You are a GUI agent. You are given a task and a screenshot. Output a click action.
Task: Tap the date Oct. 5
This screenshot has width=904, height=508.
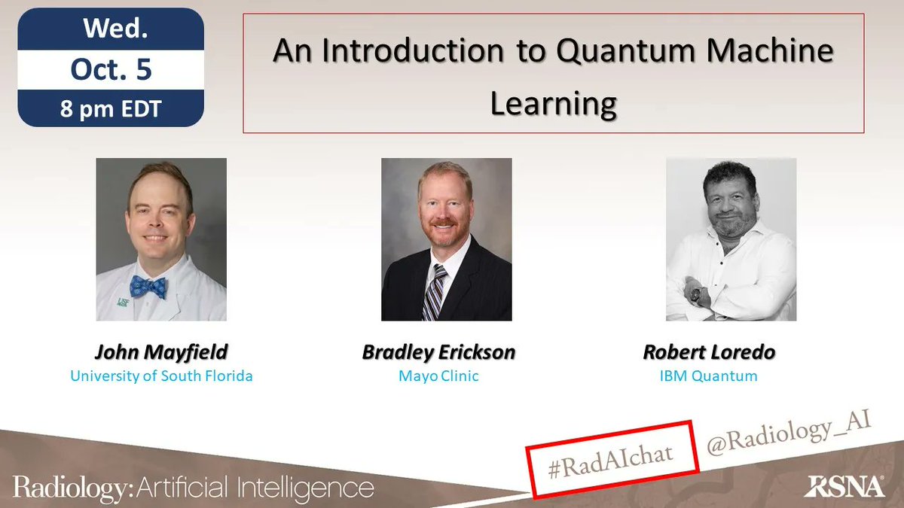coord(111,69)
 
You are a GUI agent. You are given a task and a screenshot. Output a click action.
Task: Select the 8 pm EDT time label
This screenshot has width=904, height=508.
coord(111,108)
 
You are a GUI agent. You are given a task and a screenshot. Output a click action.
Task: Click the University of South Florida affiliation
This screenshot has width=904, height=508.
coord(161,376)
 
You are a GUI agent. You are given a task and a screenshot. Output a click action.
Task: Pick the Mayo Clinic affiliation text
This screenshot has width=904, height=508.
coord(439,376)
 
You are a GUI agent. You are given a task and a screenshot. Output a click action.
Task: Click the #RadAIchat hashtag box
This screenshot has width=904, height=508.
coord(609,459)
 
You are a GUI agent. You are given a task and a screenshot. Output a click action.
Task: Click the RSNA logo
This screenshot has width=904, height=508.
coord(843,486)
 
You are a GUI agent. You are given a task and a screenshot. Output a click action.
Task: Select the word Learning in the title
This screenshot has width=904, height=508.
coord(554,103)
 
